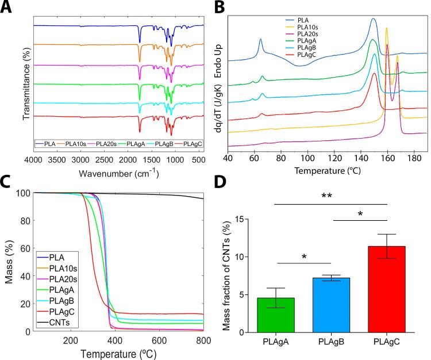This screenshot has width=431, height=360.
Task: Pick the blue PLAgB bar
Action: click(332, 305)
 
